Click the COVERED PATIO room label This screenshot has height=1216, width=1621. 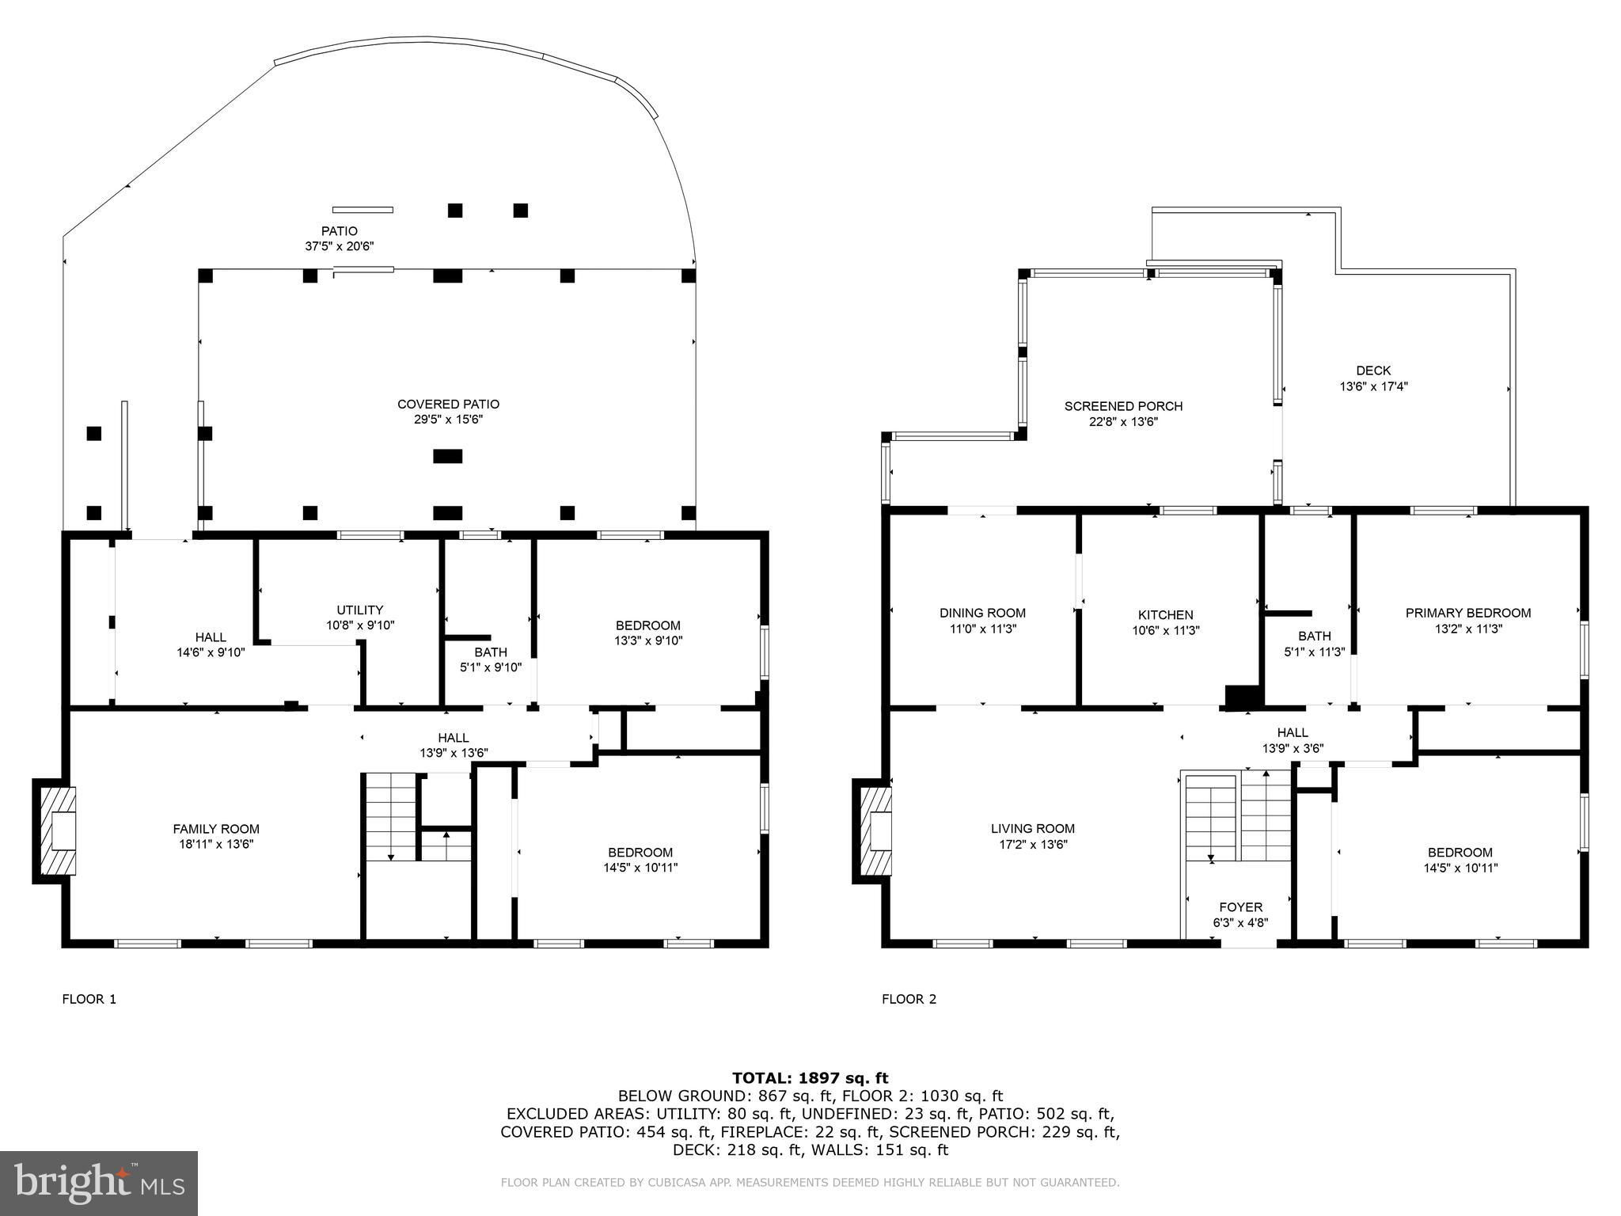[x=448, y=405]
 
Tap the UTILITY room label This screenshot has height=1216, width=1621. [x=360, y=610]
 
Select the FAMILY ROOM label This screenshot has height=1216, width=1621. [x=216, y=829]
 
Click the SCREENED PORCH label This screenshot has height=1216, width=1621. [x=1123, y=406]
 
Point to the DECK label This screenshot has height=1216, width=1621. [x=1373, y=370]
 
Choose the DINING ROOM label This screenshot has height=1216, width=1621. [x=982, y=613]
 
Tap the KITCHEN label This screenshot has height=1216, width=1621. [x=1165, y=615]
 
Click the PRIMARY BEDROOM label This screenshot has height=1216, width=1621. [x=1468, y=613]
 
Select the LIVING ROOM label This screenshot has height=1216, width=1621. [x=1033, y=829]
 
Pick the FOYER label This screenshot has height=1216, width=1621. [x=1240, y=907]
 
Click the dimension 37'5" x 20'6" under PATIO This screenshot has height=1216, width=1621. [x=339, y=246]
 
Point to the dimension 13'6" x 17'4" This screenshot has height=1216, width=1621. [x=1373, y=386]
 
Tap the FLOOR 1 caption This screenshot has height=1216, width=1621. [x=89, y=999]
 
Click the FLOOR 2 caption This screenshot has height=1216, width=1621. [x=909, y=999]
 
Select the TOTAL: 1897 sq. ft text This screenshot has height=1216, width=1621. [x=810, y=1077]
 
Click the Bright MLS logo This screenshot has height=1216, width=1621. [x=99, y=1184]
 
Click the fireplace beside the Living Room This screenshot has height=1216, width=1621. [x=874, y=830]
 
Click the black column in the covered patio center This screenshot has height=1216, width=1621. [x=448, y=456]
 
